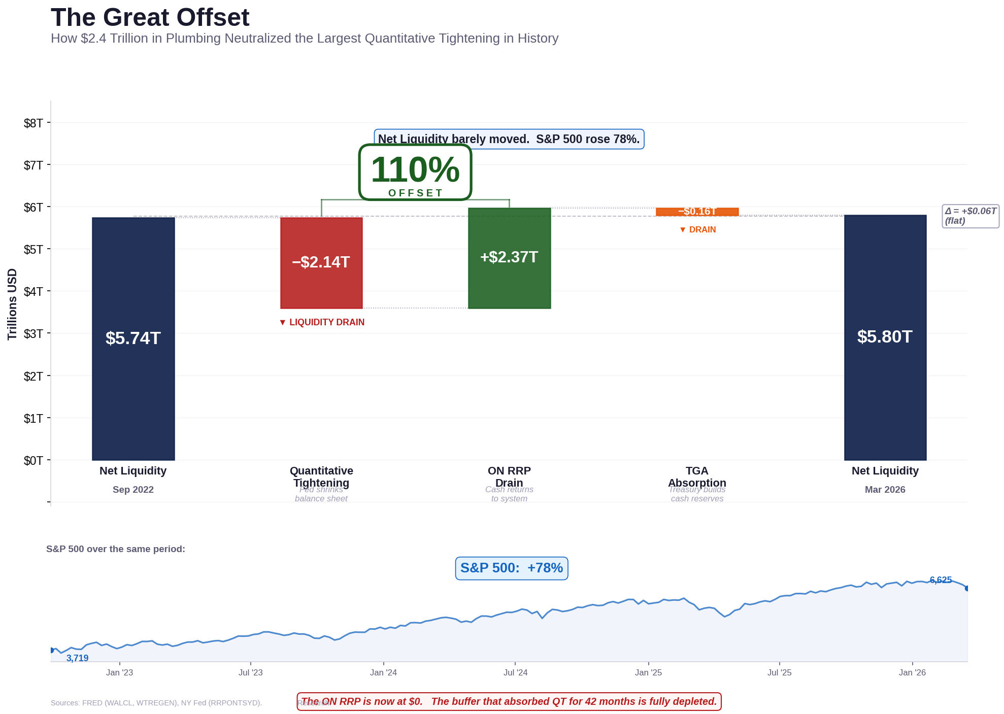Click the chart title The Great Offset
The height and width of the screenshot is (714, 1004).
[x=150, y=18]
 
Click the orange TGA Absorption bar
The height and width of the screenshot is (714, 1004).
[x=697, y=212]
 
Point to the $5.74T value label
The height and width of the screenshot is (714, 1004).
[x=133, y=338]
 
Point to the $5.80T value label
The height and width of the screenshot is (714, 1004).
[x=885, y=336]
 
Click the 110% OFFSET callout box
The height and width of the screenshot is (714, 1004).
[x=415, y=173]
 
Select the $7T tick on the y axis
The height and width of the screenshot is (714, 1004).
[x=34, y=165]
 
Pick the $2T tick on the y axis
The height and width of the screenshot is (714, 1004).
[x=34, y=376]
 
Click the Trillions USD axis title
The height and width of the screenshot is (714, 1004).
[x=12, y=304]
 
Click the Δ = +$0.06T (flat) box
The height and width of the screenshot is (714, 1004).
[x=970, y=216]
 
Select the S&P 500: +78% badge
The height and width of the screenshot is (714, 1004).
[x=511, y=568]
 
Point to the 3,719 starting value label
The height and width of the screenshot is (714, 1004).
[x=77, y=658]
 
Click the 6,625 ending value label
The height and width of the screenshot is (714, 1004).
[x=940, y=580]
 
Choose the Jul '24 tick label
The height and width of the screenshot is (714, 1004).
[x=515, y=672]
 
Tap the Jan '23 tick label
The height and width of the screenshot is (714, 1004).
[x=119, y=672]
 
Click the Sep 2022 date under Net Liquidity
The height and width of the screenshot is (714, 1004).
[x=133, y=490]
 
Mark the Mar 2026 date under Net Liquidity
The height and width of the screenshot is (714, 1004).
[x=885, y=490]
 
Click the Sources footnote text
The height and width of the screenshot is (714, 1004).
[x=156, y=703]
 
